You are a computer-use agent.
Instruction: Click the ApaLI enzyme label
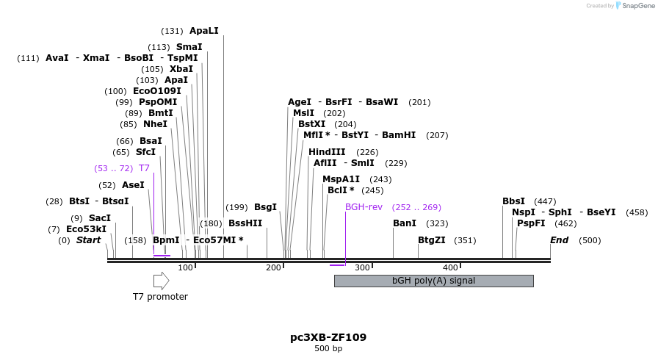[203, 31]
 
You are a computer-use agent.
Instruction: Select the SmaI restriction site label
[189, 47]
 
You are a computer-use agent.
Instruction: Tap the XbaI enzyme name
[181, 69]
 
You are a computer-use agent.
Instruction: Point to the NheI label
[155, 124]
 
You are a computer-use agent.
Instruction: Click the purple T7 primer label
[144, 168]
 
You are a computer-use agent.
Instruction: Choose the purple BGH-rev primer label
[364, 207]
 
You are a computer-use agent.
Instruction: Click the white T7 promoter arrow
[161, 281]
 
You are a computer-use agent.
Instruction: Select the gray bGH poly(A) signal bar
[433, 281]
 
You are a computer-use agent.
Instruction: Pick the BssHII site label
[245, 223]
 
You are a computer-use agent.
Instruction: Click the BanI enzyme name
[405, 223]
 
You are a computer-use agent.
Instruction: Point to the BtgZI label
[431, 240]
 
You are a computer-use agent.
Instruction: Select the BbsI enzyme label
[513, 201]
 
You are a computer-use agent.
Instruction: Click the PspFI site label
[531, 223]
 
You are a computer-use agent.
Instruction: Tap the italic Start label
[88, 240]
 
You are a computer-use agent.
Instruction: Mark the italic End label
[559, 240]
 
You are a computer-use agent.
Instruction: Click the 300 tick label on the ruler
[362, 267]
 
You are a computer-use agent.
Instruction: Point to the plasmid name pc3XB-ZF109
[328, 338]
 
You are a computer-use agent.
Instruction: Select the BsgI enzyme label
[265, 207]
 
